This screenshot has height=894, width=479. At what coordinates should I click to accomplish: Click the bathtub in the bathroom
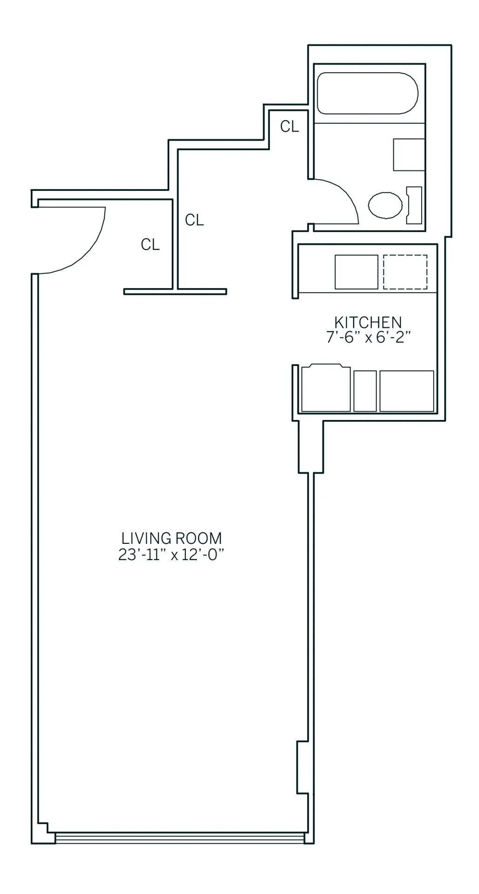(x=367, y=93)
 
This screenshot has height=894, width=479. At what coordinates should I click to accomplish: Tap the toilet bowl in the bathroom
(x=385, y=204)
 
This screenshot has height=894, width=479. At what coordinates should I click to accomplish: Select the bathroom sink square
(x=409, y=155)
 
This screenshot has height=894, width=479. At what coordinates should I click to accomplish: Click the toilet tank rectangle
(x=414, y=205)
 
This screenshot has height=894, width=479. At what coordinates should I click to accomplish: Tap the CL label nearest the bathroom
(x=289, y=126)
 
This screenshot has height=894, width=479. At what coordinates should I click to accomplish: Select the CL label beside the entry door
(x=150, y=244)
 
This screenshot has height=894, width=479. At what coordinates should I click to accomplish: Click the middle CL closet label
(x=194, y=220)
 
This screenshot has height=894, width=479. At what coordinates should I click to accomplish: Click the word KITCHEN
(x=368, y=322)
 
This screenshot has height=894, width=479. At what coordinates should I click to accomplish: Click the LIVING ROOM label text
(x=172, y=538)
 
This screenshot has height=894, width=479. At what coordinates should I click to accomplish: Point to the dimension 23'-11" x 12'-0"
(x=172, y=555)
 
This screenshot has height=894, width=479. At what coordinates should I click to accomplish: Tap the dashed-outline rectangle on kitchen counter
(x=405, y=272)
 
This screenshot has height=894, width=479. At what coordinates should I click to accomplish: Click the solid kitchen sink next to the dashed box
(x=357, y=272)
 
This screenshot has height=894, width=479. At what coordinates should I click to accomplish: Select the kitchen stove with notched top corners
(x=326, y=389)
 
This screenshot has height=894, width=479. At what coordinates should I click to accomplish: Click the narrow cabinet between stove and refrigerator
(x=365, y=391)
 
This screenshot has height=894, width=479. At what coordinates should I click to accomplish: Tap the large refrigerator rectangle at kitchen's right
(x=407, y=391)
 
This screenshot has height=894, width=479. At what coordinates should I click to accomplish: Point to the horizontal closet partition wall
(x=175, y=291)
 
